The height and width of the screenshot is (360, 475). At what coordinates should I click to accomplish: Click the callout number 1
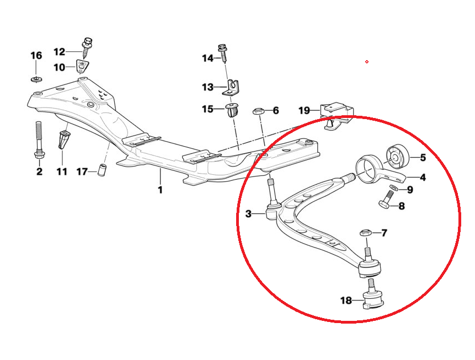pos(160,190)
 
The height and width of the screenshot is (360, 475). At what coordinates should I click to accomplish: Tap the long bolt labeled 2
pos(39,140)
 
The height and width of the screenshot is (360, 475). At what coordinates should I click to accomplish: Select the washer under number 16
pos(36,79)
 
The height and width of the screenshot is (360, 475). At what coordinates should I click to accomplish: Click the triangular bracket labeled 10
pos(82,66)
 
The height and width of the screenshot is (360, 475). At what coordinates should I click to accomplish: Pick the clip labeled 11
pos(63,139)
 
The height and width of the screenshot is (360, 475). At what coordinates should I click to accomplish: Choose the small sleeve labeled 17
pos(102,170)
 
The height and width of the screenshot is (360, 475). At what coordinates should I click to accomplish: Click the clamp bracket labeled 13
pos(231,89)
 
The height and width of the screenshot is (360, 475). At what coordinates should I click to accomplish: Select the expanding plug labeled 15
pos(232,111)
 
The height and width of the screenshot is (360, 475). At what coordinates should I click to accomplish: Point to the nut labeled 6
pos(259,111)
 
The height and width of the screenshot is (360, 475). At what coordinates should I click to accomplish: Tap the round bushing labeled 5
pos(398,157)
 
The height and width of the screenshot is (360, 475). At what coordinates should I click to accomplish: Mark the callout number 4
pos(422,177)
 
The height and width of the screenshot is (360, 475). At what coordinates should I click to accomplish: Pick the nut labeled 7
pos(365,233)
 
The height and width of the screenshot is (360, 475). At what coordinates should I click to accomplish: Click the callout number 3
pos(248,214)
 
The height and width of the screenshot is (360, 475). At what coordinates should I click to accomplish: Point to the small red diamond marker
pos(367,62)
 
